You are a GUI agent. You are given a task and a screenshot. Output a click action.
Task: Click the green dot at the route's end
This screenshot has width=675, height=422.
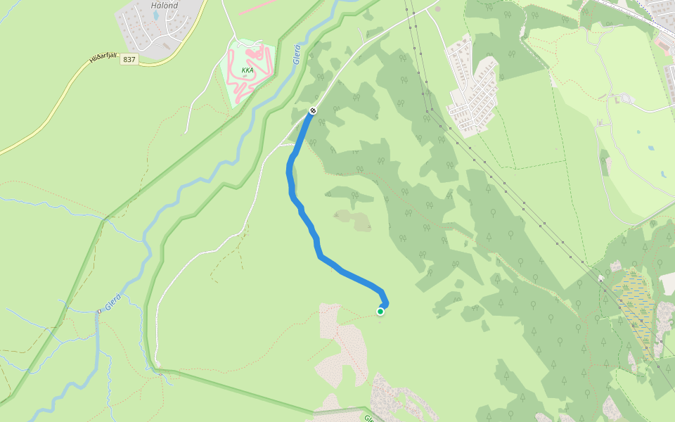tap(380, 311)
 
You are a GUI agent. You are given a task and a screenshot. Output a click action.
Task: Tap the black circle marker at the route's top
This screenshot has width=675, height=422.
tap(313, 110)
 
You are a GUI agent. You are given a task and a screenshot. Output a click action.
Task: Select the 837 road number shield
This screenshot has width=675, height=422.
tap(129, 59)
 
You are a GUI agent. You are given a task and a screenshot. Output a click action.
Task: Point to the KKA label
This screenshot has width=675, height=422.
tap(247, 70)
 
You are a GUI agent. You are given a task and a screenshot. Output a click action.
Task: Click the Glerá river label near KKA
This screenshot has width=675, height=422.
tap(298, 55)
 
